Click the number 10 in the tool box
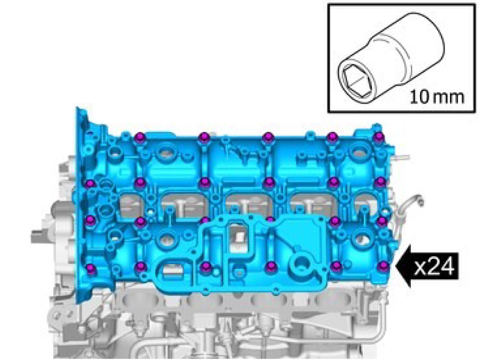[x=420, y=97]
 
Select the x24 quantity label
[x=434, y=267]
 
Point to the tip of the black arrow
[x=396, y=267]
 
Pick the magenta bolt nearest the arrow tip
[x=382, y=266]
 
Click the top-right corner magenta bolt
[x=379, y=136]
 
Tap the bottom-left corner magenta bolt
[x=90, y=269]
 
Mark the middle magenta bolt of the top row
[x=268, y=137]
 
